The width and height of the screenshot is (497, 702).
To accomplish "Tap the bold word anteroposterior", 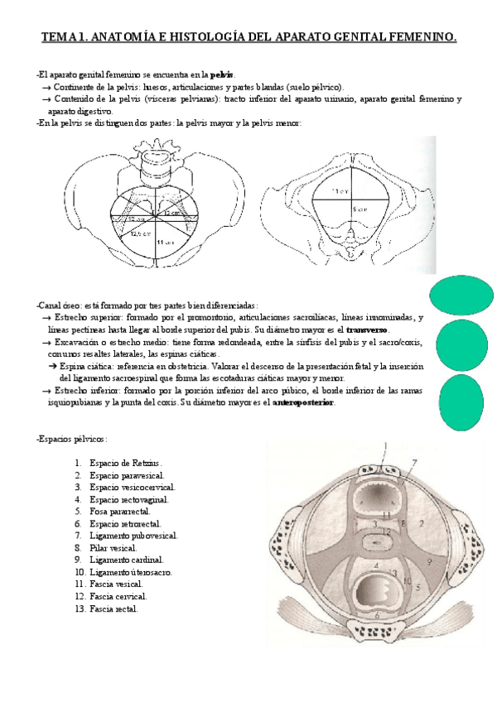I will coord(303,402).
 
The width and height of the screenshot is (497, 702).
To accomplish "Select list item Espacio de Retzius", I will coord(125,464).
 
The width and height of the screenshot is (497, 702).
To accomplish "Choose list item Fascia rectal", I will coord(114,608).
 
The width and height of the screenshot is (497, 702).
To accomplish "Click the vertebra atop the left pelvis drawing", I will coord(157,157).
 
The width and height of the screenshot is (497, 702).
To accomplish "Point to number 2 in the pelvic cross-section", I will coord(422,523).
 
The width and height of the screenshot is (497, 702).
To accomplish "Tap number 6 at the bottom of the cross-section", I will coord(377,615).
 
